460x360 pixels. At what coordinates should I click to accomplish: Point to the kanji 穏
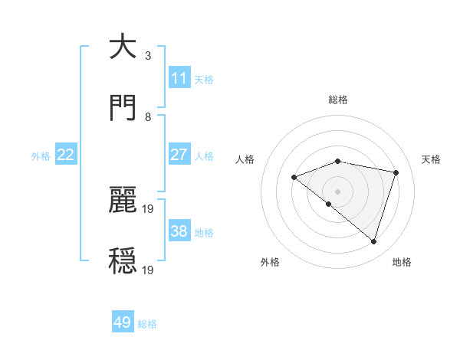pyautogui.click(x=123, y=261)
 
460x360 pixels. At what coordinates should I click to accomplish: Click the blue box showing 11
pyautogui.click(x=179, y=78)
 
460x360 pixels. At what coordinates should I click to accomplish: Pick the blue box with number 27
pyautogui.click(x=179, y=155)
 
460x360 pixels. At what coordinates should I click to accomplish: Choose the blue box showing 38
pyautogui.click(x=179, y=231)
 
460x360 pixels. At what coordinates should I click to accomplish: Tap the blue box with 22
pyautogui.click(x=66, y=155)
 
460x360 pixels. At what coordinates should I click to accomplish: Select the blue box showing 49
pyautogui.click(x=123, y=322)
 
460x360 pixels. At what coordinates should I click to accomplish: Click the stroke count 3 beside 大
pyautogui.click(x=148, y=55)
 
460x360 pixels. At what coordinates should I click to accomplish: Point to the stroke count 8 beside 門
pyautogui.click(x=148, y=116)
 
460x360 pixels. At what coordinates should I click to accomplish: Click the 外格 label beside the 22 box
pyautogui.click(x=41, y=155)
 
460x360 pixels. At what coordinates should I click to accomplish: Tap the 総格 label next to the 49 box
pyautogui.click(x=147, y=324)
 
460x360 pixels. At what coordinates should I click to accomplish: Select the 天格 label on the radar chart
pyautogui.click(x=432, y=159)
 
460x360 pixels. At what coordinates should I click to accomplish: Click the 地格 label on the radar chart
pyautogui.click(x=402, y=262)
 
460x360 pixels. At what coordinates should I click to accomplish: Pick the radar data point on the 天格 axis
pyautogui.click(x=396, y=172)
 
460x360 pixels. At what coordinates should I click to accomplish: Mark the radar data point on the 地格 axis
pyautogui.click(x=373, y=241)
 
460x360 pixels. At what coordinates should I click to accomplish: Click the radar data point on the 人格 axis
pyautogui.click(x=294, y=177)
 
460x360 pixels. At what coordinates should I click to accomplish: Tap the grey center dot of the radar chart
pyautogui.click(x=337, y=191)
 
